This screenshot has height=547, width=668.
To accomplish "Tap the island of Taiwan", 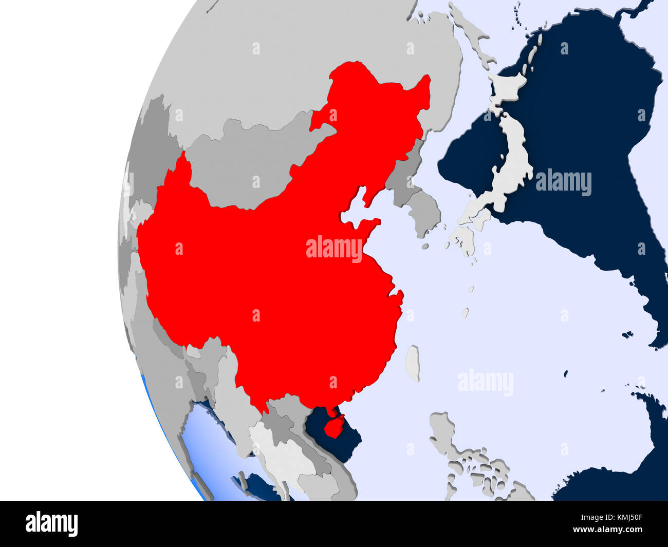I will point(413,362).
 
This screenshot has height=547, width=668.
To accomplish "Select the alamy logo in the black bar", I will point(51,523).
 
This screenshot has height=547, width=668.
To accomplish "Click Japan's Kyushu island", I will point(463,239).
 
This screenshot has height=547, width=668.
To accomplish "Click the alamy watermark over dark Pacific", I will point(563,183).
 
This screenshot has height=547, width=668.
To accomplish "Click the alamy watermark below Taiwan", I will point(485,383).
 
